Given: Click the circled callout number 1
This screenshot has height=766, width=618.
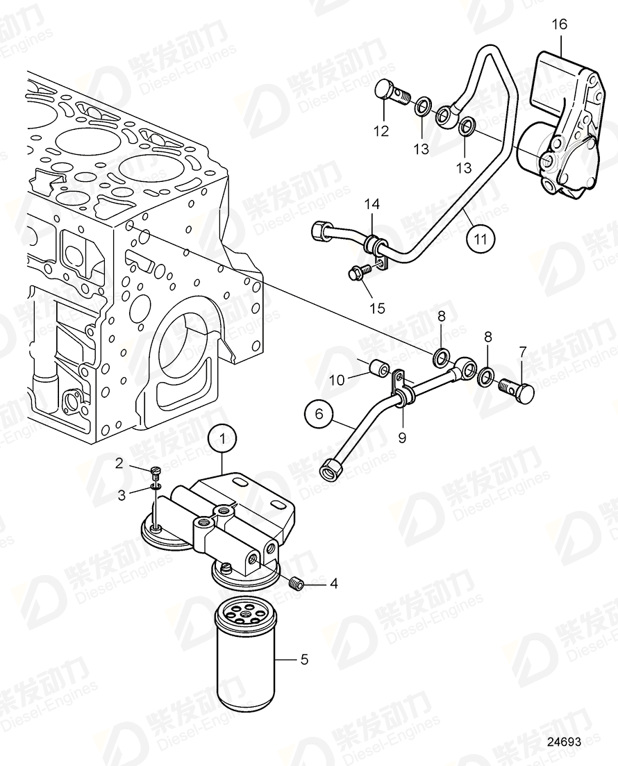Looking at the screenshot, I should click(x=223, y=438).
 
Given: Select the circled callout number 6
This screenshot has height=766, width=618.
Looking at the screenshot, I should click(x=319, y=415).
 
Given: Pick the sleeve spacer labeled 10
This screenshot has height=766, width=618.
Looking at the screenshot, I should click(x=379, y=368).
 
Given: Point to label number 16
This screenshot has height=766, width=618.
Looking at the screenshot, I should click(x=559, y=24).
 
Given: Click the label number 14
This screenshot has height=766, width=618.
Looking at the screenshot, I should click(x=372, y=204).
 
